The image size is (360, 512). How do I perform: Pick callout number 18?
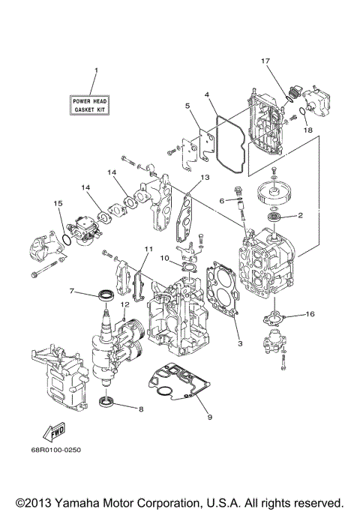[x=307, y=130]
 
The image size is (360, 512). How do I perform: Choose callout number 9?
[x=209, y=418]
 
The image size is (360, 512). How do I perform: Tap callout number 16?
[x=310, y=316]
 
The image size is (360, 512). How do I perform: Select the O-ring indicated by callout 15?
[x=65, y=240]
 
